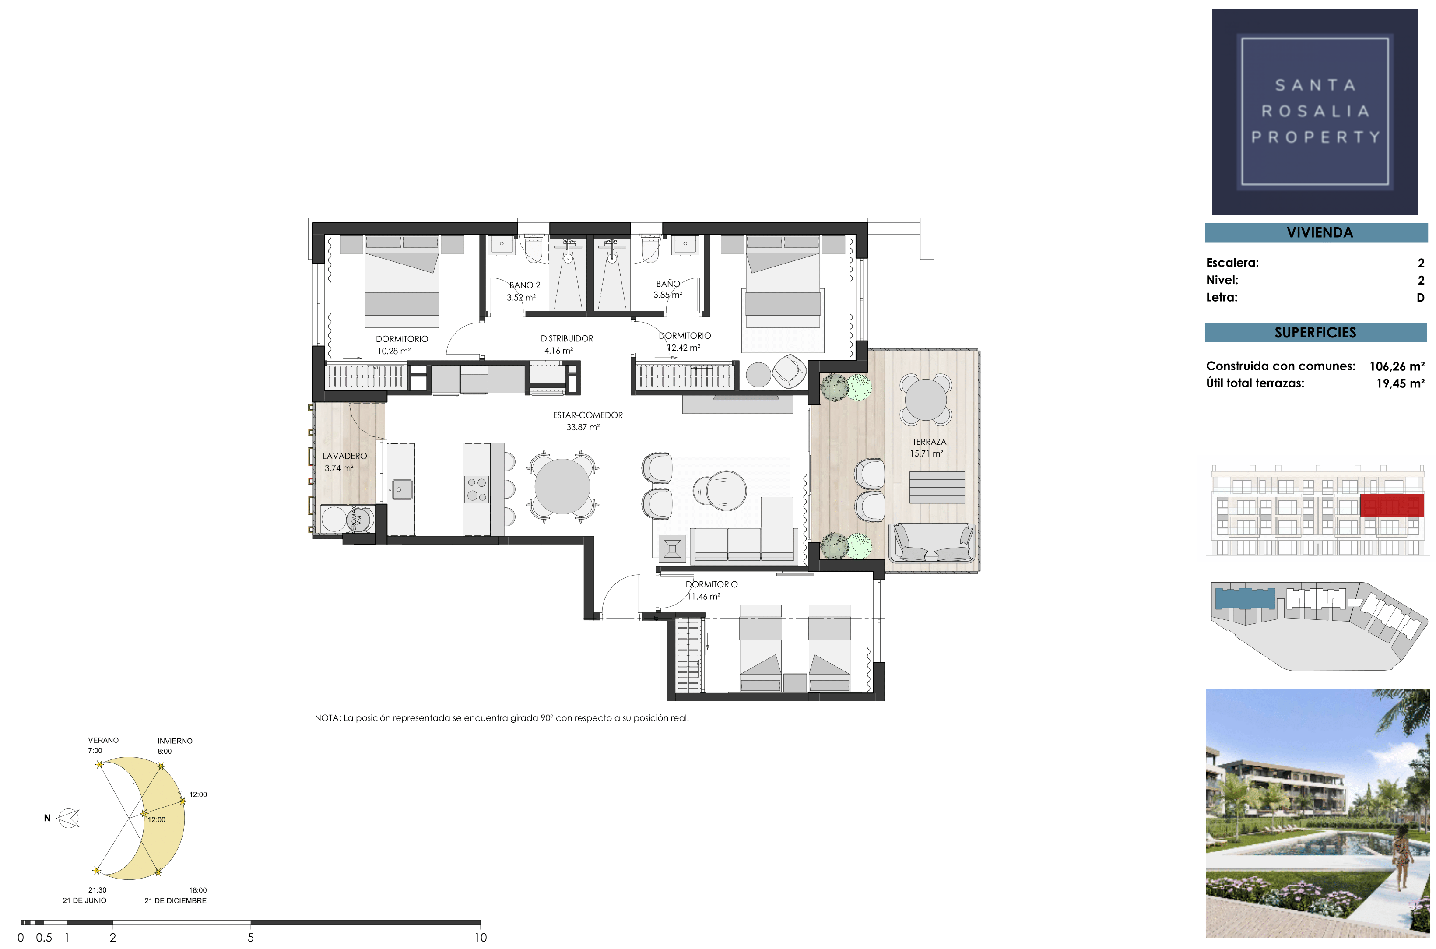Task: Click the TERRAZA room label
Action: click(x=929, y=442)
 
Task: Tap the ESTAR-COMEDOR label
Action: click(x=588, y=415)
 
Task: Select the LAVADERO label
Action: click(x=344, y=456)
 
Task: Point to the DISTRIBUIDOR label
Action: click(x=567, y=338)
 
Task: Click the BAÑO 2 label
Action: click(x=525, y=285)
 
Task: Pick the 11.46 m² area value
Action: click(x=703, y=597)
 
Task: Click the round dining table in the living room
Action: click(x=562, y=486)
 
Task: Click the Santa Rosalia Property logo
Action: click(x=1314, y=112)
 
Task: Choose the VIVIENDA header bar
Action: click(x=1316, y=233)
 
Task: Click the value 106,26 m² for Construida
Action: click(x=1397, y=366)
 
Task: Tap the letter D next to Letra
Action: click(x=1420, y=298)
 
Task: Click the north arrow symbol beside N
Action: click(x=68, y=818)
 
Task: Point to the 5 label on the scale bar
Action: click(x=250, y=938)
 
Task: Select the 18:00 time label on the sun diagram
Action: click(x=197, y=890)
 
